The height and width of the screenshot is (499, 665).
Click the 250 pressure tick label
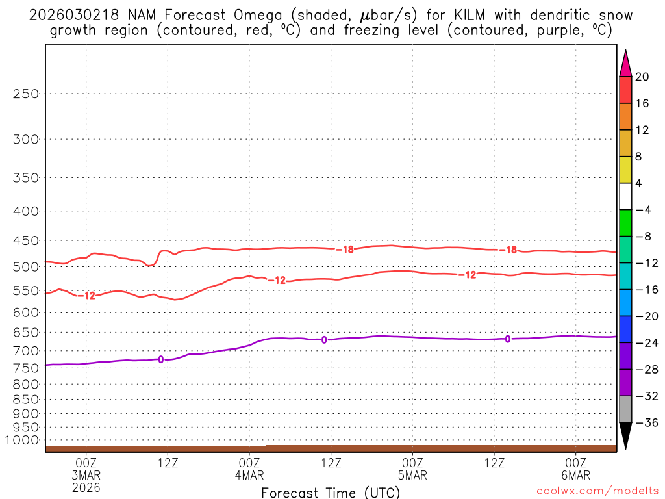[26, 94]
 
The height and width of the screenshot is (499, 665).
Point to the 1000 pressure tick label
[22, 440]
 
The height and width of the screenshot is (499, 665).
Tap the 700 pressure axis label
[26, 351]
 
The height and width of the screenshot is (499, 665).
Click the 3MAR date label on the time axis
[86, 475]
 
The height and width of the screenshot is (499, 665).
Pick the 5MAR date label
[413, 475]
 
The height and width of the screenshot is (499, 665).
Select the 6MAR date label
[576, 475]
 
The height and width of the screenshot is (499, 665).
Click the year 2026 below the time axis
[86, 487]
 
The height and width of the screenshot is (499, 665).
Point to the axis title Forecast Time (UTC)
[331, 492]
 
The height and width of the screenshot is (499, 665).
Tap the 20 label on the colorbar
[642, 77]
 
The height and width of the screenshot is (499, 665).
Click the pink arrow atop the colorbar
[625, 64]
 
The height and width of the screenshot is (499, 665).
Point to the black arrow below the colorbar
[625, 435]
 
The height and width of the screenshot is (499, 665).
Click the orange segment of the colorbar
[625, 116]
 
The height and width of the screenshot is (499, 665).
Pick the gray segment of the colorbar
[625, 409]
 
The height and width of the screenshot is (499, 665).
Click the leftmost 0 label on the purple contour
[160, 359]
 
